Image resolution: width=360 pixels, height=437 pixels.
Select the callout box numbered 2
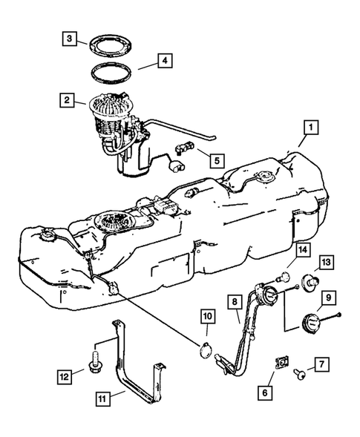coord(68,99)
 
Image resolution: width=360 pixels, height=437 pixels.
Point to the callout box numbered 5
coord(217,158)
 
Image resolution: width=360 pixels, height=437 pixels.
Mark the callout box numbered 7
coord(321,365)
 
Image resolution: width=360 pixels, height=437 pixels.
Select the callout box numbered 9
coord(327,300)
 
